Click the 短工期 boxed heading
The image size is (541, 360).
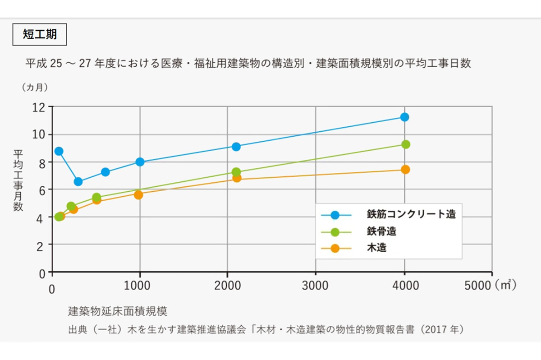coord(40,34)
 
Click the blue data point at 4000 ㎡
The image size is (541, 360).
coord(404,117)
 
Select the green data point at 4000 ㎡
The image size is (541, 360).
coord(405,144)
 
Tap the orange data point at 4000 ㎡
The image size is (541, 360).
coord(405,170)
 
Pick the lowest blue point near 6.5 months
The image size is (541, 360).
coord(78,182)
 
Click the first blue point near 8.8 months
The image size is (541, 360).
coord(59,151)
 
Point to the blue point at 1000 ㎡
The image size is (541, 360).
coord(140,162)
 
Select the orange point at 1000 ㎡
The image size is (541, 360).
coord(138,195)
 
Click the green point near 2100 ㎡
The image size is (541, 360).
coord(236,172)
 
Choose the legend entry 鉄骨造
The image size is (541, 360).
coord(381,231)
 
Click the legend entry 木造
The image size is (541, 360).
coord(376,248)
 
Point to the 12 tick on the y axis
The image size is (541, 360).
coord(40,107)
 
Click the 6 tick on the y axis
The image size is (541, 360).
coord(42,190)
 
